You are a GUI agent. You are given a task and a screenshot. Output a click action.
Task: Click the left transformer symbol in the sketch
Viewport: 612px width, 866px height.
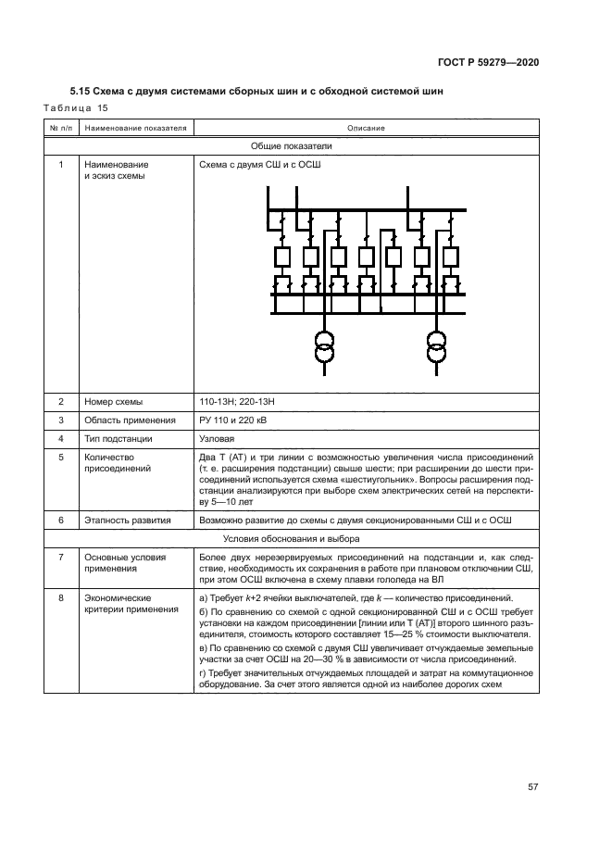(x=323, y=349)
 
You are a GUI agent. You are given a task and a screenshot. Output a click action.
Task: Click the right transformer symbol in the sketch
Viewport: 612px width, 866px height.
(x=435, y=349)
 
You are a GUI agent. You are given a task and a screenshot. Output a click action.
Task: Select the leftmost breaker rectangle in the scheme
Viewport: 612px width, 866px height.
(x=282, y=256)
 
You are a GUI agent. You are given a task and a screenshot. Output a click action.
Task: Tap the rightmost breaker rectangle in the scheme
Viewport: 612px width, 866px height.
(x=450, y=256)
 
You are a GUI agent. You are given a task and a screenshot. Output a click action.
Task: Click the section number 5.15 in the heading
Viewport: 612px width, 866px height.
(x=81, y=91)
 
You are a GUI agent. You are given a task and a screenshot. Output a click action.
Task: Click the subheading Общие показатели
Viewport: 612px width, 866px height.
(x=292, y=145)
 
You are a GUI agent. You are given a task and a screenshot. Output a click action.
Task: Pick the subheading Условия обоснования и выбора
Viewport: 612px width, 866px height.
(x=292, y=538)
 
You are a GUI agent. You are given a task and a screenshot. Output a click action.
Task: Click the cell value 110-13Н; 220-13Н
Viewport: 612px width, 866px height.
(x=238, y=402)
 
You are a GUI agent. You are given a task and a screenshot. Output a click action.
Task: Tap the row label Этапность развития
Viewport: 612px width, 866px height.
(x=127, y=521)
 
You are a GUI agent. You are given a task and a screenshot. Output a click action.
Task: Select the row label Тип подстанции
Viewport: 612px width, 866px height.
(x=119, y=438)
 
